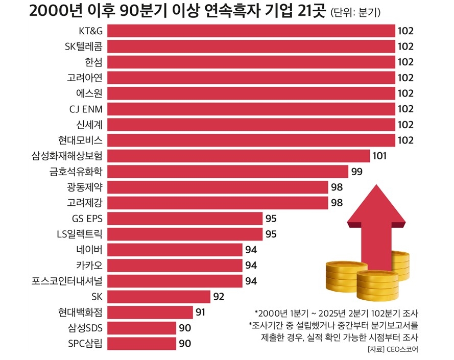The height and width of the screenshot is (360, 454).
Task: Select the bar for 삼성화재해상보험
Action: pos(239,156)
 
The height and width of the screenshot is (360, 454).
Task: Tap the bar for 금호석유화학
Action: pos(228,171)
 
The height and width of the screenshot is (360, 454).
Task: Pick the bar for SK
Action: pos(159,296)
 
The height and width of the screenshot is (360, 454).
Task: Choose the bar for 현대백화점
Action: pos(151,312)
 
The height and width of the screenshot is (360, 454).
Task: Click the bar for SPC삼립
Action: pos(142,343)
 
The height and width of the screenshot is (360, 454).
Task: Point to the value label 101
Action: pos(380,156)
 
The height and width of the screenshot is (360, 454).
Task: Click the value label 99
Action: pos(357,171)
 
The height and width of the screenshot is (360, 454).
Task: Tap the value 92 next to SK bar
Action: pos(219,296)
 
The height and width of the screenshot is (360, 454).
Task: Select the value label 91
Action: pos(201,312)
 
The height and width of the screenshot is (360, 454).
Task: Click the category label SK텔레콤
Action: pos(84,46)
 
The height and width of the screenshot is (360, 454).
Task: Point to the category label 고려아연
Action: pos(85,78)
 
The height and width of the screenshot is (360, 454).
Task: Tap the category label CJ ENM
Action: pos(86,109)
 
